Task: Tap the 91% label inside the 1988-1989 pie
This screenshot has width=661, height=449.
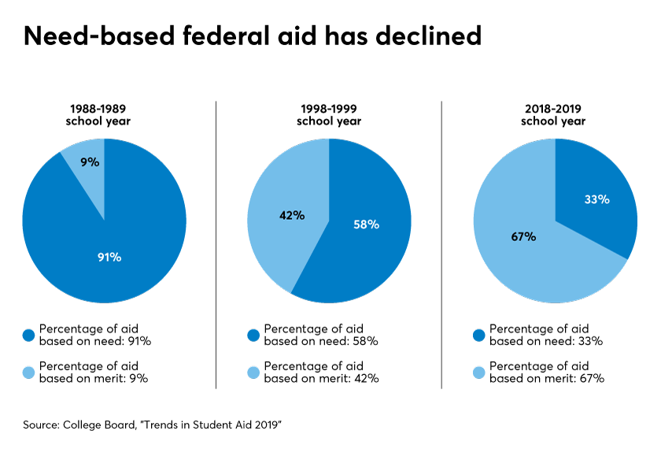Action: pos(109,257)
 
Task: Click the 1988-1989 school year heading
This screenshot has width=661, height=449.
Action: pos(104,114)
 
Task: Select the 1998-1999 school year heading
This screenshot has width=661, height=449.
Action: pos(329,114)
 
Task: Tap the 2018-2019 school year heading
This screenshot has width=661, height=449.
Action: pos(555,114)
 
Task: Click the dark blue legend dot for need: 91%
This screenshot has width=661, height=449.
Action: pos(30,335)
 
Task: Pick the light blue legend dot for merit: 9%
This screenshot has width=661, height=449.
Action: pos(30,372)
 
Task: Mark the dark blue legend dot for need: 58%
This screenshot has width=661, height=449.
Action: pos(254,335)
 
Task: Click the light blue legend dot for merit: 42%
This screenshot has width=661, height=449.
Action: pos(254,372)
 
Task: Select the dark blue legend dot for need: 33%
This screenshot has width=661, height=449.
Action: pos(479,335)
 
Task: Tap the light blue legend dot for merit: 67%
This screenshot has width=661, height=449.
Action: pos(479,372)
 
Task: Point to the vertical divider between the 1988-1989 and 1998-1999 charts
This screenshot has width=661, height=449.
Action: pos(216,244)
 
